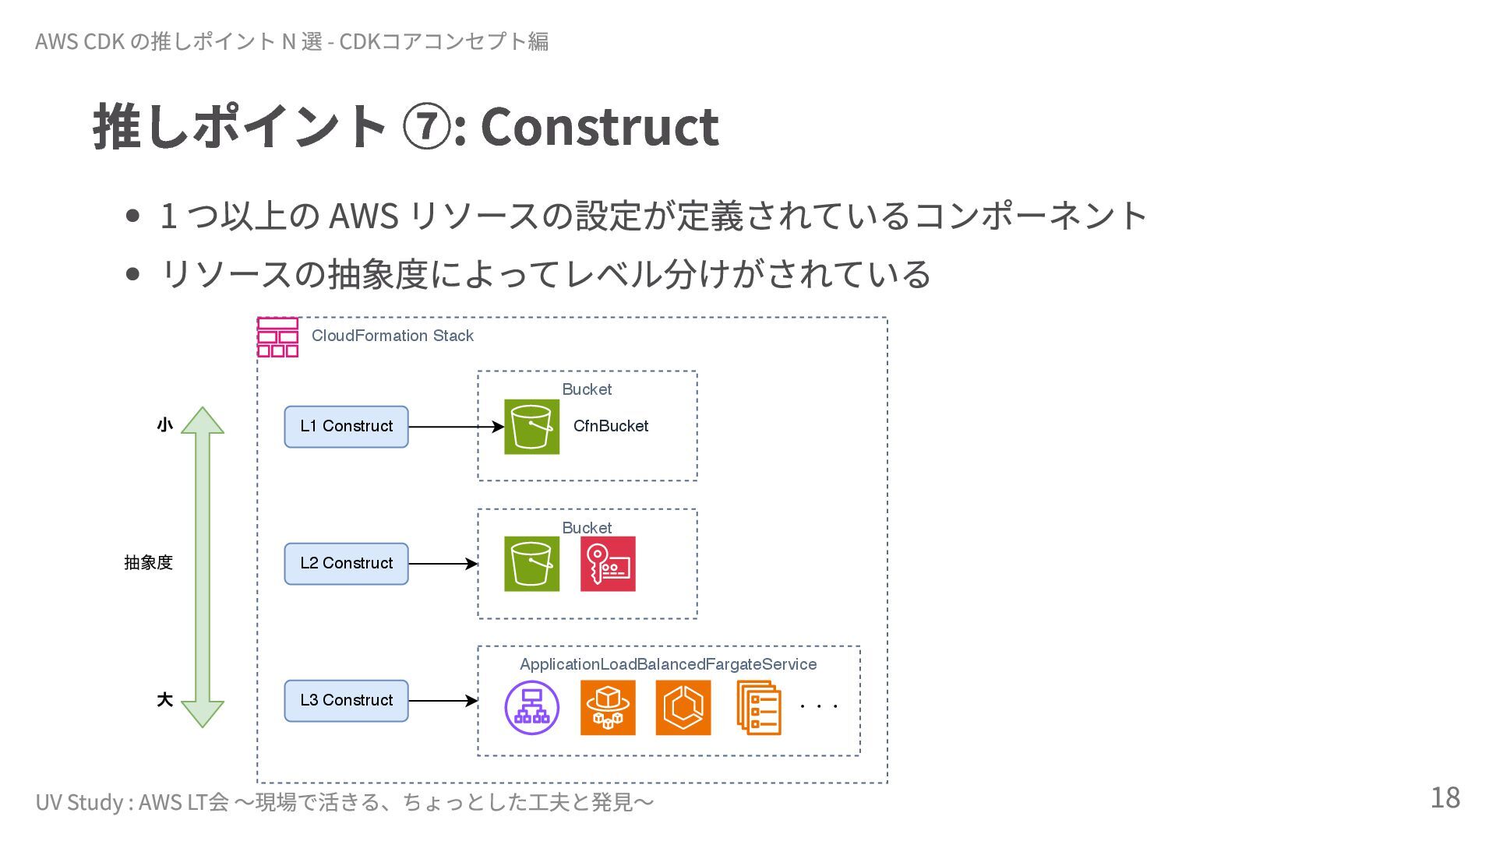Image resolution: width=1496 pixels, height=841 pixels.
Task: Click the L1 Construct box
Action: tap(346, 427)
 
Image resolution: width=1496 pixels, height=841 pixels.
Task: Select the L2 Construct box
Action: tap(346, 564)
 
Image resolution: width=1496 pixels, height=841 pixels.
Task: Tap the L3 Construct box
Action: tap(346, 701)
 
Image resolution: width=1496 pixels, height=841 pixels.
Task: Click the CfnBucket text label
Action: tap(610, 427)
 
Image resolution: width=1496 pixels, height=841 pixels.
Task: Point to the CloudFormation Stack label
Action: tap(392, 336)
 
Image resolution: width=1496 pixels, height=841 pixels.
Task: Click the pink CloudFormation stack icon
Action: tap(277, 337)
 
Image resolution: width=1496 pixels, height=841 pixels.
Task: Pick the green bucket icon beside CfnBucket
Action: tap(531, 427)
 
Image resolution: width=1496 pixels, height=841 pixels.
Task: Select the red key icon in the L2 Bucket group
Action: tap(608, 564)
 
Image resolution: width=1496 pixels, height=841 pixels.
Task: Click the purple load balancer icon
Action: tap(531, 707)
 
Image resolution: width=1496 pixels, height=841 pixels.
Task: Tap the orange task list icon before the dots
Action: tap(759, 707)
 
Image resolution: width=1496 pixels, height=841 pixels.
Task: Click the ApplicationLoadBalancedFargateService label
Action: tap(668, 664)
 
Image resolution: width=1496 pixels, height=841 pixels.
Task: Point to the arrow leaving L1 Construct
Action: tap(455, 427)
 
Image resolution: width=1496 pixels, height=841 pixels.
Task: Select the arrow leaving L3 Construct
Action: tap(442, 701)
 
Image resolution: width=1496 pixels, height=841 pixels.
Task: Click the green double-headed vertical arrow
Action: tap(203, 567)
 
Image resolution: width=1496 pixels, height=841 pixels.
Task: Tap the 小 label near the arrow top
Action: tap(164, 425)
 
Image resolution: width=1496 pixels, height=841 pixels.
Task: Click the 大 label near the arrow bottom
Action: tap(164, 700)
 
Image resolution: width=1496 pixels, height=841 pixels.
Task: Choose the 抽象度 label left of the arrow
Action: tap(148, 562)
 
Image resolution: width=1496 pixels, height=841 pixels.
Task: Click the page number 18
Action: tap(1445, 798)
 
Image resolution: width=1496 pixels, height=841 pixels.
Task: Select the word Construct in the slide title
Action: tap(599, 126)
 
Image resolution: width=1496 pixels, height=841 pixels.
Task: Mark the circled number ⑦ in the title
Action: tap(425, 127)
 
